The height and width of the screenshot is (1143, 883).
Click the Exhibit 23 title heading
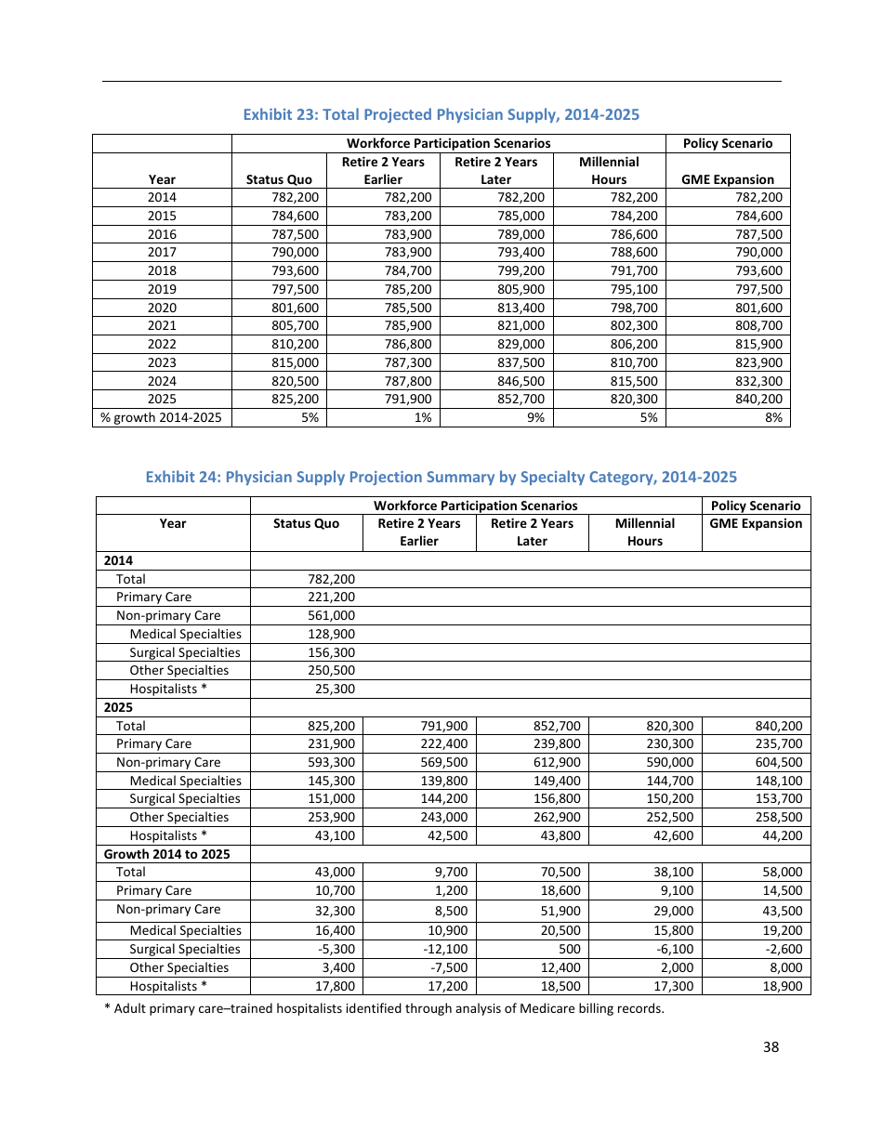441,114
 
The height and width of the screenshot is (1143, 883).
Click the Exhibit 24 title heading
441,477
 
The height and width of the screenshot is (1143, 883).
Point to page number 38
771,1046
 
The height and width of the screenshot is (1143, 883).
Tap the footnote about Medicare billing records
384,1009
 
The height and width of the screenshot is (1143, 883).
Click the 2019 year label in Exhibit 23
162,289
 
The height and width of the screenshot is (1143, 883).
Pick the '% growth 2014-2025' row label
162,418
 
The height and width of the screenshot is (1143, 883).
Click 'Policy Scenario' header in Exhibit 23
727,143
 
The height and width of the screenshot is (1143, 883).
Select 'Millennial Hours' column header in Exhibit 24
644,532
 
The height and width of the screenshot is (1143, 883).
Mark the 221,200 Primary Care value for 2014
331,598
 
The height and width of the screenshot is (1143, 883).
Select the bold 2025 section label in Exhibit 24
118,707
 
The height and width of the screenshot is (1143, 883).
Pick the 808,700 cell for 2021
758,326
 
